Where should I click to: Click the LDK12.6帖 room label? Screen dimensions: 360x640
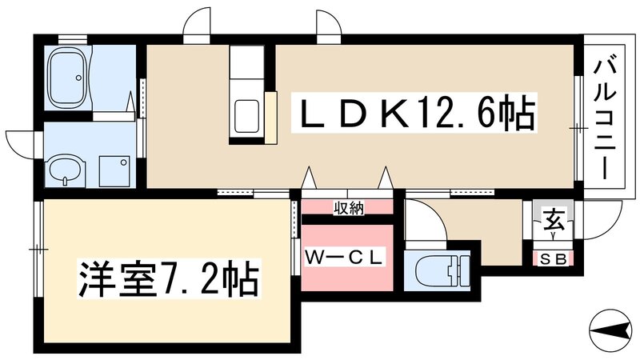(416, 115)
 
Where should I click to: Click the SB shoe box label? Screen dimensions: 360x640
(553, 258)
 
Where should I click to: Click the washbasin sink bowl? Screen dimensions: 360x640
(65, 170)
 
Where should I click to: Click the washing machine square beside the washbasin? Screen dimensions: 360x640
(113, 169)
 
